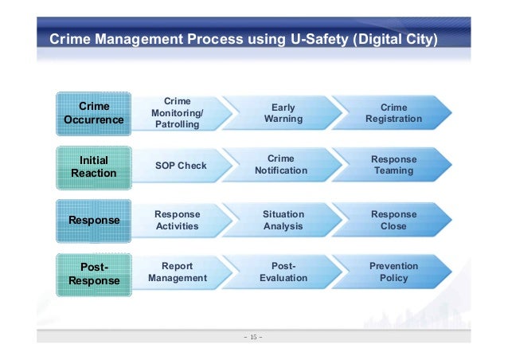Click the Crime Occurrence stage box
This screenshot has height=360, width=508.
[94, 113]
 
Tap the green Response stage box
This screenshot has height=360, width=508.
[94, 220]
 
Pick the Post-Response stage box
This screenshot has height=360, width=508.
[94, 273]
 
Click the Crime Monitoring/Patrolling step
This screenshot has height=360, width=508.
[177, 113]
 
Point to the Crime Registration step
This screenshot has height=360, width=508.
[393, 113]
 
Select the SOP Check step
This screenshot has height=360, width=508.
[180, 166]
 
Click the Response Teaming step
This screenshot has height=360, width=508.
[393, 165]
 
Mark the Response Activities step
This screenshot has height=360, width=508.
[177, 220]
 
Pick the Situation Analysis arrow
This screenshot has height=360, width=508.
[283, 220]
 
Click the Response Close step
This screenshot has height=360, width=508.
[393, 220]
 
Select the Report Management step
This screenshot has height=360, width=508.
[177, 272]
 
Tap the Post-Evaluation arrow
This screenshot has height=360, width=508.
[283, 272]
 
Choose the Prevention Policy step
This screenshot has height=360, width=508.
[393, 272]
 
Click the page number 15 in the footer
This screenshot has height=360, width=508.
[255, 337]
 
